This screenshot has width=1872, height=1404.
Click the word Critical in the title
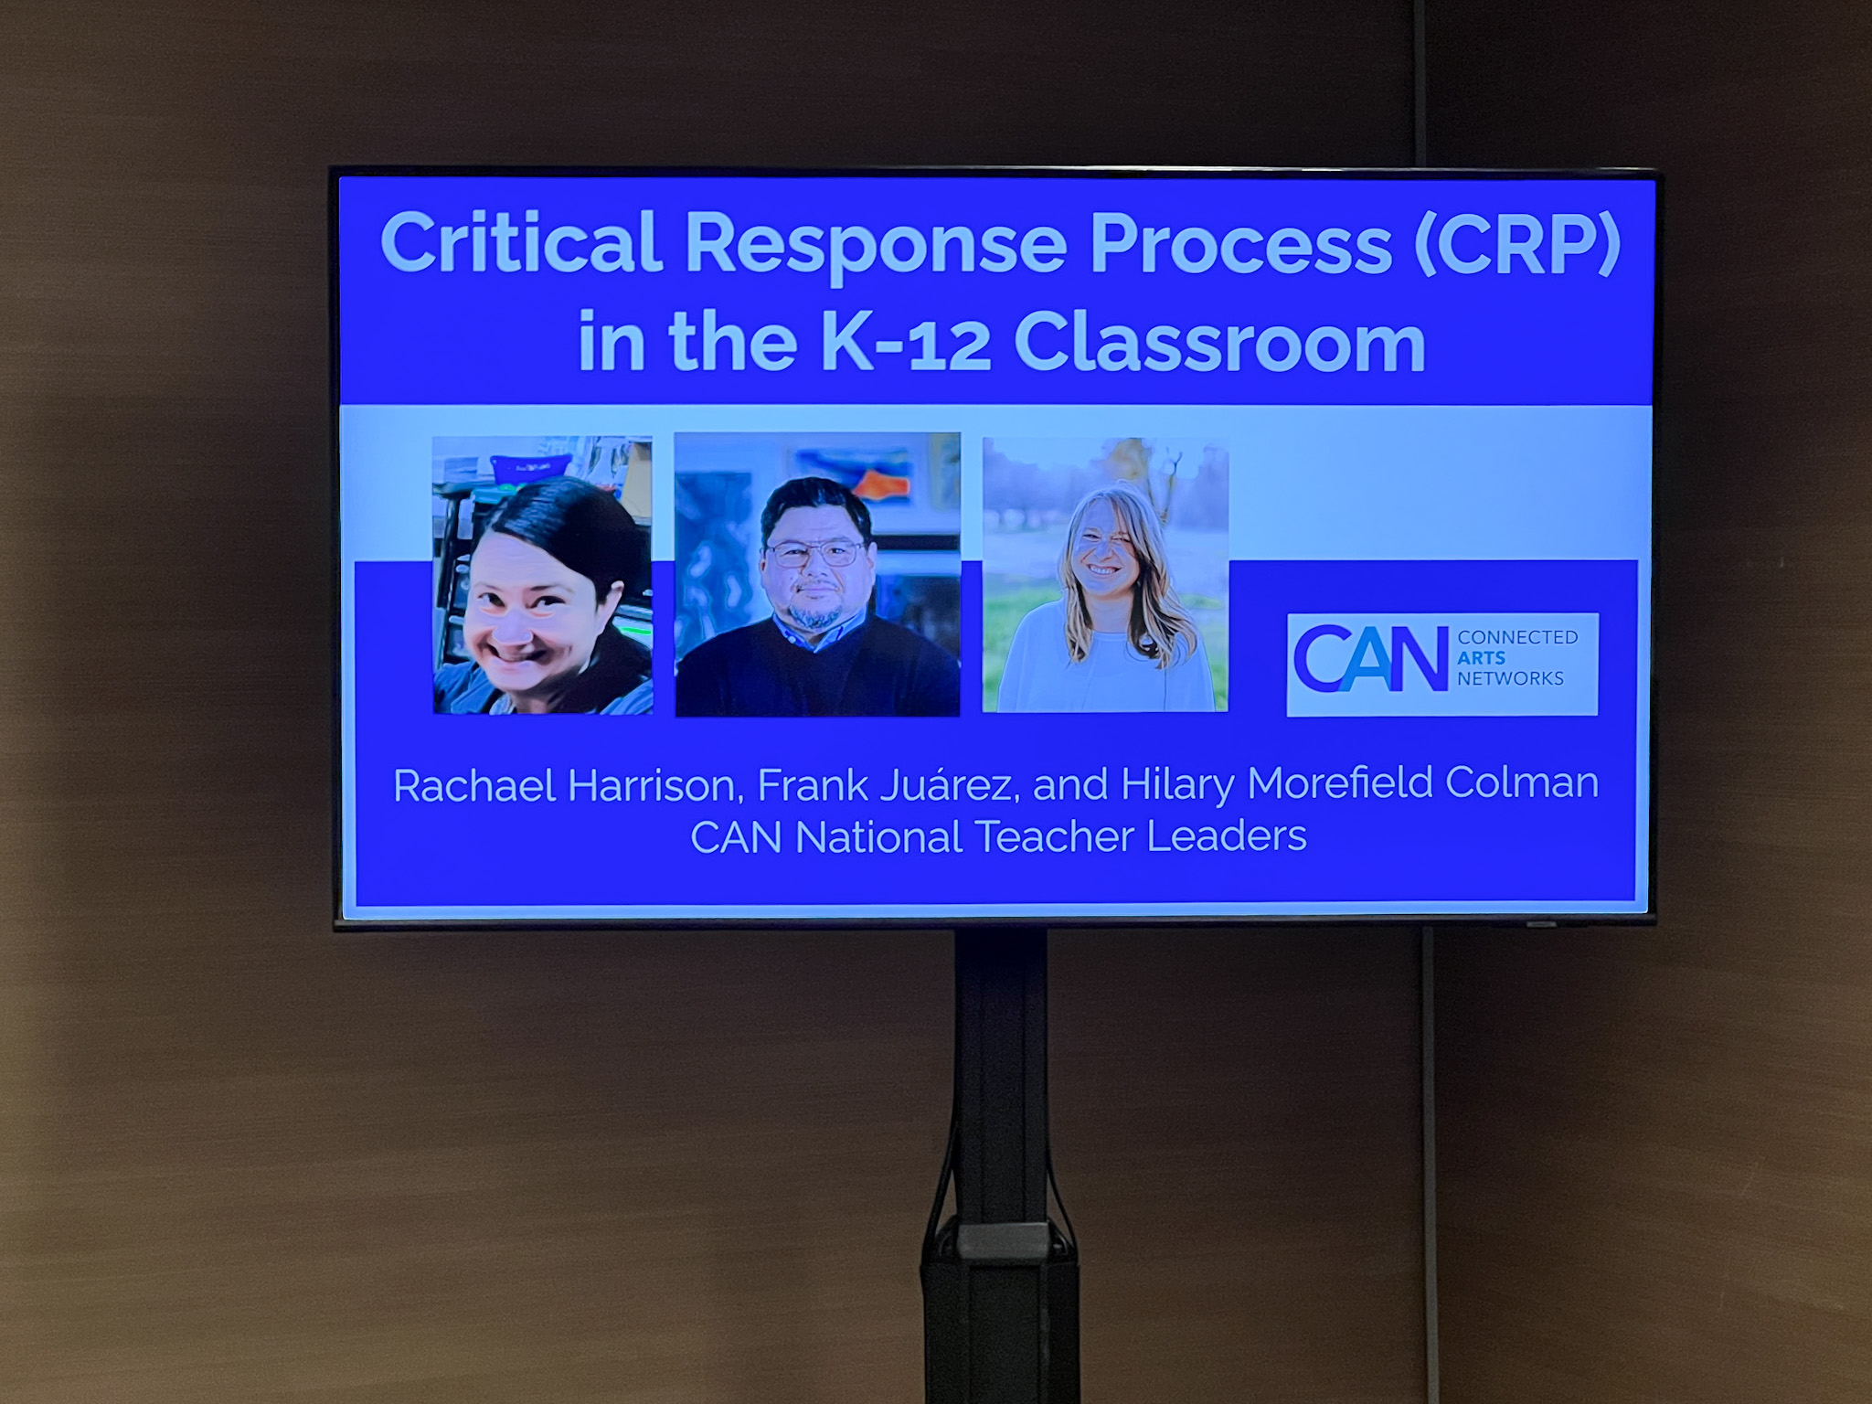click(x=521, y=243)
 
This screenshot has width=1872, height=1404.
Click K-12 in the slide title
click(x=906, y=343)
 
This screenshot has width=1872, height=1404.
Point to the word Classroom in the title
click(x=1219, y=343)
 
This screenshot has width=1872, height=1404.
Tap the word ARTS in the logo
click(x=1481, y=657)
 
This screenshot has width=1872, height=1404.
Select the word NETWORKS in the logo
click(x=1510, y=678)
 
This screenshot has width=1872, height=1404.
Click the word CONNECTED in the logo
click(x=1517, y=637)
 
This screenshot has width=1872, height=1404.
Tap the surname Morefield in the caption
click(x=1338, y=783)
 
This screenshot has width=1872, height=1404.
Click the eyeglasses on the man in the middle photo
click(x=815, y=552)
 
